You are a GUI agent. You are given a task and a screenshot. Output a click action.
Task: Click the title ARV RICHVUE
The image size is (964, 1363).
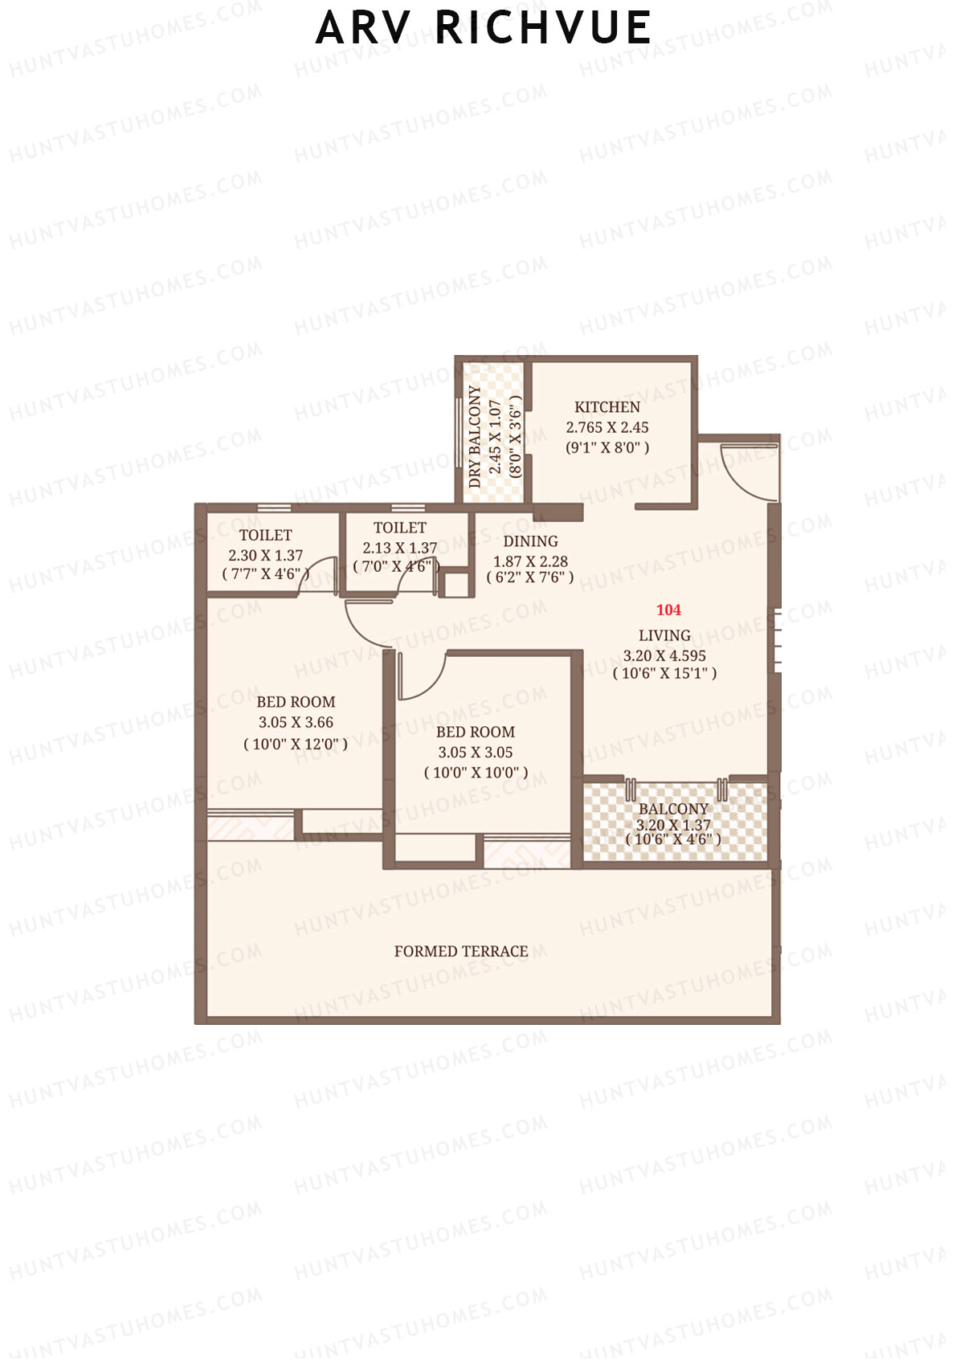[x=483, y=28]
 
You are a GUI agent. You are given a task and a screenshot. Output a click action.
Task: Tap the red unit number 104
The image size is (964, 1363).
[x=668, y=610]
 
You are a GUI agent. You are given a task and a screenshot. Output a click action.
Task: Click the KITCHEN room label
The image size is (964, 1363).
[x=607, y=407]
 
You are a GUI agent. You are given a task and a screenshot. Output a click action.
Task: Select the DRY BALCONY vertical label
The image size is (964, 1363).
[x=476, y=437]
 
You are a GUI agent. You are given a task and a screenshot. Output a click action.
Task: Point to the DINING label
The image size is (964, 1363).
[x=530, y=541]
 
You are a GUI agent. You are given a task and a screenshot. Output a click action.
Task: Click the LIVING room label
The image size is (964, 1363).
[x=664, y=635]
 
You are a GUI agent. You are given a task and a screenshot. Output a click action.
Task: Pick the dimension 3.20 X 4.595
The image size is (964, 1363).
[x=664, y=655]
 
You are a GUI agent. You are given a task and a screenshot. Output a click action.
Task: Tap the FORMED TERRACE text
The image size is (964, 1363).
[x=461, y=952]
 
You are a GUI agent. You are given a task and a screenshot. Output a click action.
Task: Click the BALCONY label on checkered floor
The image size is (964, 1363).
[x=673, y=809]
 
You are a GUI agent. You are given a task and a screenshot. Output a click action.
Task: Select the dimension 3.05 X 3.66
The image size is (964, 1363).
[x=296, y=723]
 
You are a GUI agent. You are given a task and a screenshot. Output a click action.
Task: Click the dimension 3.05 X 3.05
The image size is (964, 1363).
[x=476, y=753]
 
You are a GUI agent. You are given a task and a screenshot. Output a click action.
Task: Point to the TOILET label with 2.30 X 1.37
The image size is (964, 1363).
[x=266, y=535]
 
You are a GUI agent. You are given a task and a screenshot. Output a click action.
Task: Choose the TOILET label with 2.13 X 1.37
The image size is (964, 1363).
[x=400, y=528]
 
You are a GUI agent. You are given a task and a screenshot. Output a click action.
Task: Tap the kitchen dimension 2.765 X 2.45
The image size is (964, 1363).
[x=607, y=428]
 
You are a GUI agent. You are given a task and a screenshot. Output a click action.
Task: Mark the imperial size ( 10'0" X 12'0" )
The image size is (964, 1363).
[x=296, y=744]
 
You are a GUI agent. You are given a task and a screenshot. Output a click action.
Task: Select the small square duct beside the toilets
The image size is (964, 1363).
[x=456, y=584]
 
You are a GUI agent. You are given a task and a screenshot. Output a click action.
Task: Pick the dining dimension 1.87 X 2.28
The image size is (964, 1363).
[x=530, y=561]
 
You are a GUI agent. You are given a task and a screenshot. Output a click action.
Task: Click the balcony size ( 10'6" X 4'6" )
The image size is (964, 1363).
[x=673, y=839]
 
